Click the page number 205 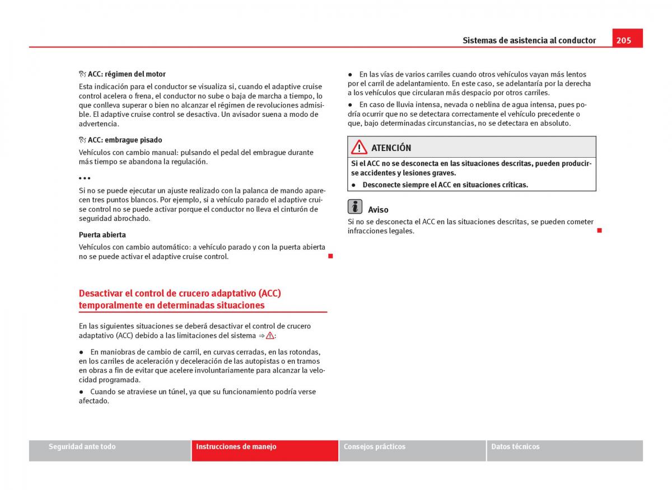[624, 40]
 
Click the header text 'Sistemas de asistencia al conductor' [529, 40]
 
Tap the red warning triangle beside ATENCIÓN [359, 147]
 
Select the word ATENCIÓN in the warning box [391, 148]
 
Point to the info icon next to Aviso [354, 206]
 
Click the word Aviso [378, 210]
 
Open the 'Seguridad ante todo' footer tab [82, 447]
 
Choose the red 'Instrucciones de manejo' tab [236, 447]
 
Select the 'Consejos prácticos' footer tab [375, 447]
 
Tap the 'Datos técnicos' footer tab [515, 447]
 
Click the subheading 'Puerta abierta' [102, 235]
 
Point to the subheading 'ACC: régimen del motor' [127, 74]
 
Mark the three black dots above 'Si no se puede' [85, 178]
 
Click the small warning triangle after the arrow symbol [270, 336]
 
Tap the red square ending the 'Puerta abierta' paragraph [330, 256]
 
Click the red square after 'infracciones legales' [599, 230]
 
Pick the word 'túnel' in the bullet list [178, 392]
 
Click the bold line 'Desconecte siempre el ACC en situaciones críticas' [445, 185]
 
